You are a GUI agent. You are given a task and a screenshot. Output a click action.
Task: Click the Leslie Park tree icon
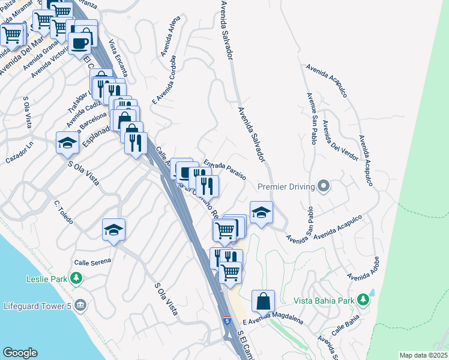(76, 278)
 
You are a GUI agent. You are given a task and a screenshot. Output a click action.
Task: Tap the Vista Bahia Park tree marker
(363, 299)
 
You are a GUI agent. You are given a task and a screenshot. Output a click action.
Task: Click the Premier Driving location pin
(324, 186)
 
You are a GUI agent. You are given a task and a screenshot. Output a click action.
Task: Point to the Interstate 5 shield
(226, 321)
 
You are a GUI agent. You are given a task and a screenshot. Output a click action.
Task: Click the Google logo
(20, 353)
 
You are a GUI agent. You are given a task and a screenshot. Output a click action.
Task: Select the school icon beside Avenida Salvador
(262, 212)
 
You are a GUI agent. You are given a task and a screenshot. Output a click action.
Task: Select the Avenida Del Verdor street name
(339, 141)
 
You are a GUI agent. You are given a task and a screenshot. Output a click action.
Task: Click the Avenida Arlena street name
(170, 40)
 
